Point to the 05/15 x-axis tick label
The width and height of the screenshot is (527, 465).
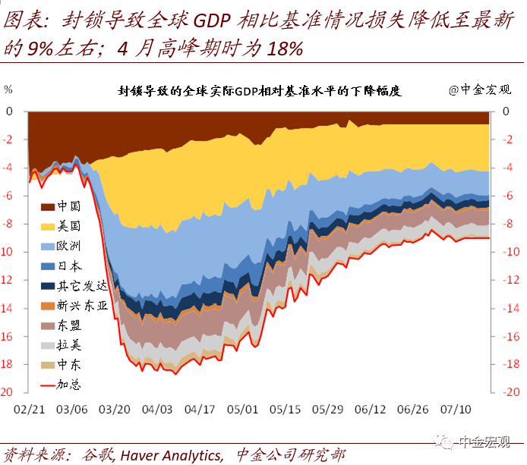[x=285, y=408]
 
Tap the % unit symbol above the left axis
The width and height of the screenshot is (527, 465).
[x=8, y=89]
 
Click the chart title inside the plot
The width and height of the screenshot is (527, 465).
[x=259, y=90]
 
